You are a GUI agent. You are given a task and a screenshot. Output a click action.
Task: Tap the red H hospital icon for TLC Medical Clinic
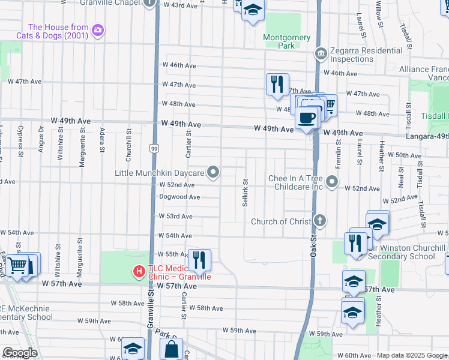click(x=139, y=272)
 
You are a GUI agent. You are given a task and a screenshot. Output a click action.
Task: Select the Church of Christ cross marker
click(x=321, y=221)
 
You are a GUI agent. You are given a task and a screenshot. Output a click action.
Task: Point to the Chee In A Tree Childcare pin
click(x=332, y=181)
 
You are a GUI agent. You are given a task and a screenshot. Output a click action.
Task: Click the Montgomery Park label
click(x=287, y=41)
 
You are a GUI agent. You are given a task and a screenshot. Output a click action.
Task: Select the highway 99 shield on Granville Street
click(x=154, y=147)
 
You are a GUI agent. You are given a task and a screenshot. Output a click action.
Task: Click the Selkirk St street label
click(x=246, y=192)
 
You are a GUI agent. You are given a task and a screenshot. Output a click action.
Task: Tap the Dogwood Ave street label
click(x=179, y=197)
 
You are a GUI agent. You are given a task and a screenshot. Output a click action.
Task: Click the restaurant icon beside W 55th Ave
click(x=199, y=259)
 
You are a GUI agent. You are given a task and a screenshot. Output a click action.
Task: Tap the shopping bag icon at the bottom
click(x=171, y=348)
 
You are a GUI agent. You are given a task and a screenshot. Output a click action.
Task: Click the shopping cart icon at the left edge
click(x=18, y=264)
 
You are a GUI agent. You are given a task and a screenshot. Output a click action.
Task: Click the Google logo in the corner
click(x=20, y=353)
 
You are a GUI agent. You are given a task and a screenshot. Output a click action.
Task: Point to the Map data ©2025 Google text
click(x=411, y=355)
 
